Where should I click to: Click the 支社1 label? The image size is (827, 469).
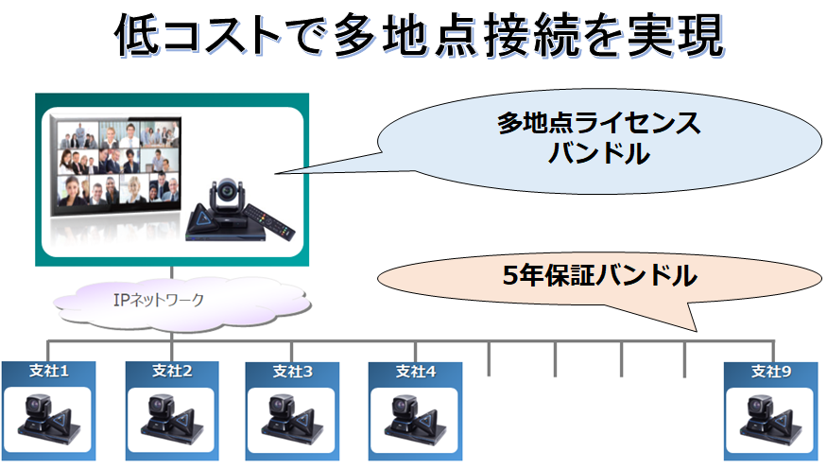point(49,371)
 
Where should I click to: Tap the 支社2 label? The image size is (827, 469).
point(172,371)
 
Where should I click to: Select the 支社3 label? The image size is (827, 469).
point(293,372)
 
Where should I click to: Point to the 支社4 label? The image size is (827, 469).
point(416,372)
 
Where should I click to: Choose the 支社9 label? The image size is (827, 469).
point(771,372)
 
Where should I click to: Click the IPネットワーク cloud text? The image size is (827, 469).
point(159,300)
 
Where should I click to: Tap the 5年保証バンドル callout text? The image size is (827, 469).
point(599,275)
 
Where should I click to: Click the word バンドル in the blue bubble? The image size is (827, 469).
point(599,153)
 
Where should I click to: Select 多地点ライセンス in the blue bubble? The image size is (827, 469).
point(599,123)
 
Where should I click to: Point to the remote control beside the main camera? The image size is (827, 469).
point(269,221)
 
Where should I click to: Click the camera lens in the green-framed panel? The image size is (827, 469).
point(228,188)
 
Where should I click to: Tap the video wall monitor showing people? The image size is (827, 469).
point(116,166)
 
